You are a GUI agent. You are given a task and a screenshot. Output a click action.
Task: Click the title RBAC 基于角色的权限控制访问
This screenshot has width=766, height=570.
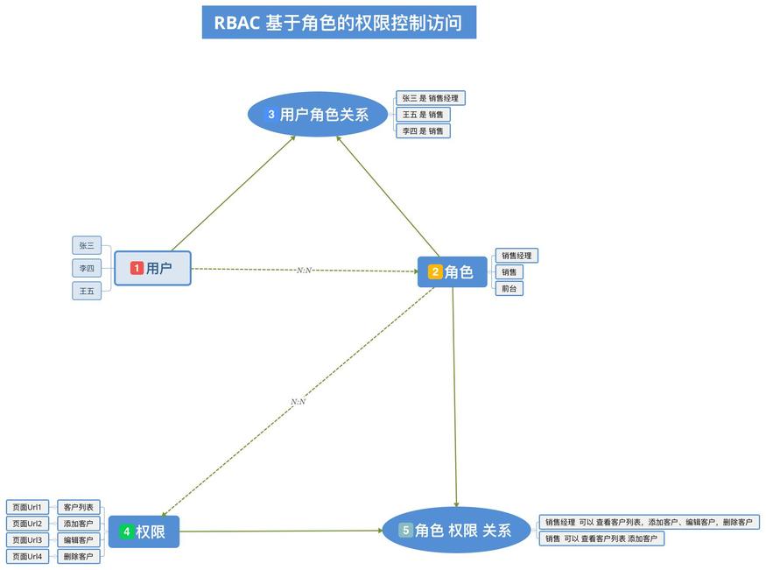click(338, 22)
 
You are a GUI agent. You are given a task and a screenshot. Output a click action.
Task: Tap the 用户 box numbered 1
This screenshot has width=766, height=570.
click(152, 268)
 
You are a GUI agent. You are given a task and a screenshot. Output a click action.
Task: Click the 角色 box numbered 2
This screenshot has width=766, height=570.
click(452, 272)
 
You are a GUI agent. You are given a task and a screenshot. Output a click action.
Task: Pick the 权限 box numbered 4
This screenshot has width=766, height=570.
click(144, 531)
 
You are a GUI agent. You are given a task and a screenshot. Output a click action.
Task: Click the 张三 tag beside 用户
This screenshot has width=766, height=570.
click(87, 246)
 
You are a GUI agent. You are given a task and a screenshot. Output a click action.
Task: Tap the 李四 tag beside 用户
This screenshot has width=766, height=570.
click(87, 269)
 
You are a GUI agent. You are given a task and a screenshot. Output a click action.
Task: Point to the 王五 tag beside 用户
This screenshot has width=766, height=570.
click(87, 291)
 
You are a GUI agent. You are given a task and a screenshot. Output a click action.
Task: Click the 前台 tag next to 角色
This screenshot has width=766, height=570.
click(509, 288)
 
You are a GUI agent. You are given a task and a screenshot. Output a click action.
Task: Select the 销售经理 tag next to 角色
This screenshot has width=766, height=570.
click(516, 256)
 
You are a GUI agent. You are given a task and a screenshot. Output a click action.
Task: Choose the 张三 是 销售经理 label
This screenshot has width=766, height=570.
click(430, 98)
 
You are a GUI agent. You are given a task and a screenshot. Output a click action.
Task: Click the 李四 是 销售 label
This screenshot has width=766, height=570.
click(423, 130)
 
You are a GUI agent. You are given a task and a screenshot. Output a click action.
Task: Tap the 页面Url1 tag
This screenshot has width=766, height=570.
click(27, 507)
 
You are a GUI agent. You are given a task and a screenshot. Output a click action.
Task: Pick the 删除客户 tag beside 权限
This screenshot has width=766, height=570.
click(78, 556)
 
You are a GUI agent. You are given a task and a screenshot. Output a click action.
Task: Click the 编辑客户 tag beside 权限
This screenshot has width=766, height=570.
click(78, 539)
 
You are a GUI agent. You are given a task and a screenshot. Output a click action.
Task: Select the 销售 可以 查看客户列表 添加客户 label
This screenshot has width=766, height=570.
click(601, 538)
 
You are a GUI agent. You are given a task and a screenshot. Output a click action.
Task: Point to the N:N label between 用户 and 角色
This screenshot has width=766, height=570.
click(305, 271)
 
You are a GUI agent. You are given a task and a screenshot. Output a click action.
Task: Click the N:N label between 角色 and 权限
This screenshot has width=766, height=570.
click(298, 402)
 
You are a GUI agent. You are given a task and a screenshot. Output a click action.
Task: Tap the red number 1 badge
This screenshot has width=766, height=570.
click(137, 268)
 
